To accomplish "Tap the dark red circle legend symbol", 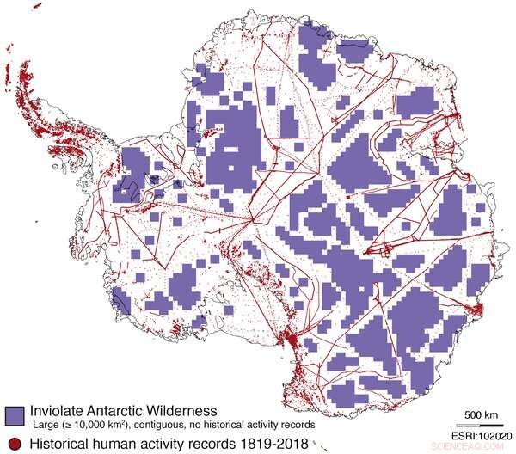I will (11, 443).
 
